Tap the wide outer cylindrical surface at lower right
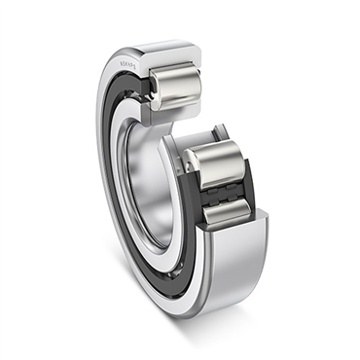click(x=243, y=263)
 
